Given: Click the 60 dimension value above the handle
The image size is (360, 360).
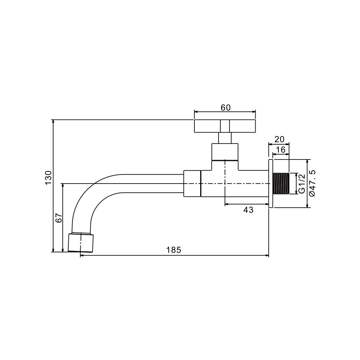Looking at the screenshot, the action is click(x=225, y=107).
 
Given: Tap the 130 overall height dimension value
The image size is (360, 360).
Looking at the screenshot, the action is click(x=49, y=178).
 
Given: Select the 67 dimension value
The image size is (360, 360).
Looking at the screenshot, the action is click(x=59, y=218).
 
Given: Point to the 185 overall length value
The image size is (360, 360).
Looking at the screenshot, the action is click(x=174, y=250).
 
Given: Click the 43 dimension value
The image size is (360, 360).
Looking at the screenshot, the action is click(x=248, y=210).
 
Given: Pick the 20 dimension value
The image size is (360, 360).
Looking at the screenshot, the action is click(x=279, y=139).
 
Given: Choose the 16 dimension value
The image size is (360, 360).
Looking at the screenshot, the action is click(x=281, y=150).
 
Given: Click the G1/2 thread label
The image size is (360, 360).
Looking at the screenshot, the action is click(x=302, y=184).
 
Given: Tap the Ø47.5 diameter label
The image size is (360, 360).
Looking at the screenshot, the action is click(x=312, y=183).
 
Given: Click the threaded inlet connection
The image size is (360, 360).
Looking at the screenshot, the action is click(x=280, y=184).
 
